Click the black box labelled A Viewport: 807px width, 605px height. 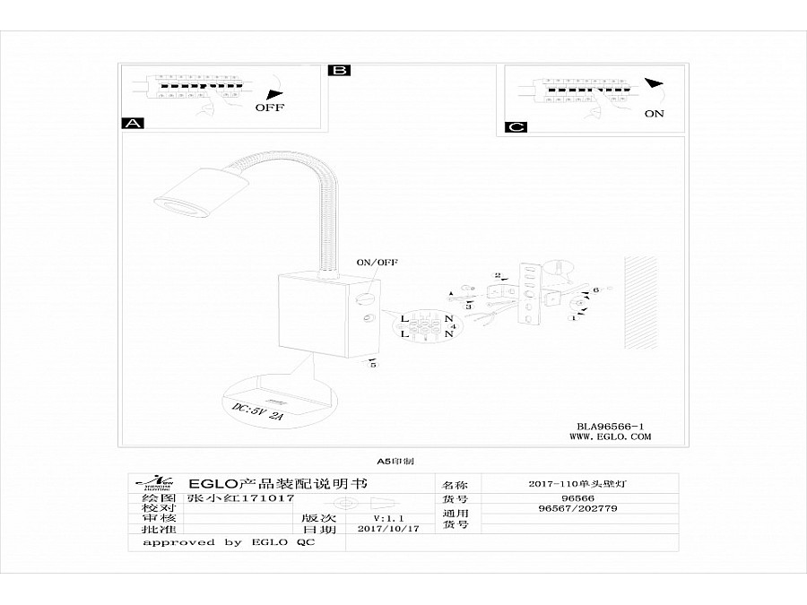pyautogui.click(x=133, y=124)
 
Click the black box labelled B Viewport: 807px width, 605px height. pyautogui.click(x=340, y=70)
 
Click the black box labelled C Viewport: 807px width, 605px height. pyautogui.click(x=516, y=126)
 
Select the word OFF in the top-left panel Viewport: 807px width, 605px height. pyautogui.click(x=270, y=107)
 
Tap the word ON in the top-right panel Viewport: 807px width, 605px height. pyautogui.click(x=654, y=114)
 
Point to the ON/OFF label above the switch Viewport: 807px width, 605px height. pyautogui.click(x=377, y=263)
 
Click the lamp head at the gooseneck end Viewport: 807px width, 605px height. pyautogui.click(x=184, y=192)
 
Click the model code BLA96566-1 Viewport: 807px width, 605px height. pyautogui.click(x=611, y=426)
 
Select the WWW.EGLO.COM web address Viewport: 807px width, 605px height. pyautogui.click(x=611, y=437)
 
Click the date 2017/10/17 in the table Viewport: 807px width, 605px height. pyautogui.click(x=388, y=530)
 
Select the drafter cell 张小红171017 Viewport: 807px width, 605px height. pyautogui.click(x=239, y=497)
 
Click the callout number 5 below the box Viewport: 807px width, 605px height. pyautogui.click(x=373, y=364)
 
